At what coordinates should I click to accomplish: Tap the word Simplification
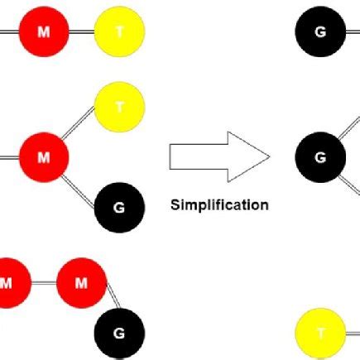tap(219, 204)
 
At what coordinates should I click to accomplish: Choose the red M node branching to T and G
tap(44, 155)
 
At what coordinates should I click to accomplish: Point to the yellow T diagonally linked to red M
tap(120, 105)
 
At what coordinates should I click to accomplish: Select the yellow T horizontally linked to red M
tap(120, 32)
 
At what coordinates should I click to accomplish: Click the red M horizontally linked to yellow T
tap(44, 32)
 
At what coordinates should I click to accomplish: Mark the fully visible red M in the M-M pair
tap(81, 284)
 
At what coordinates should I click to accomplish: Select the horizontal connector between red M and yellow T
tap(82, 32)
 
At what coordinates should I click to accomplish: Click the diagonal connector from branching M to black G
tap(82, 181)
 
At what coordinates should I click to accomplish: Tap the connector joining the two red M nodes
tap(45, 284)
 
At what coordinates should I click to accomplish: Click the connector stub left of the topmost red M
tap(8, 32)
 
